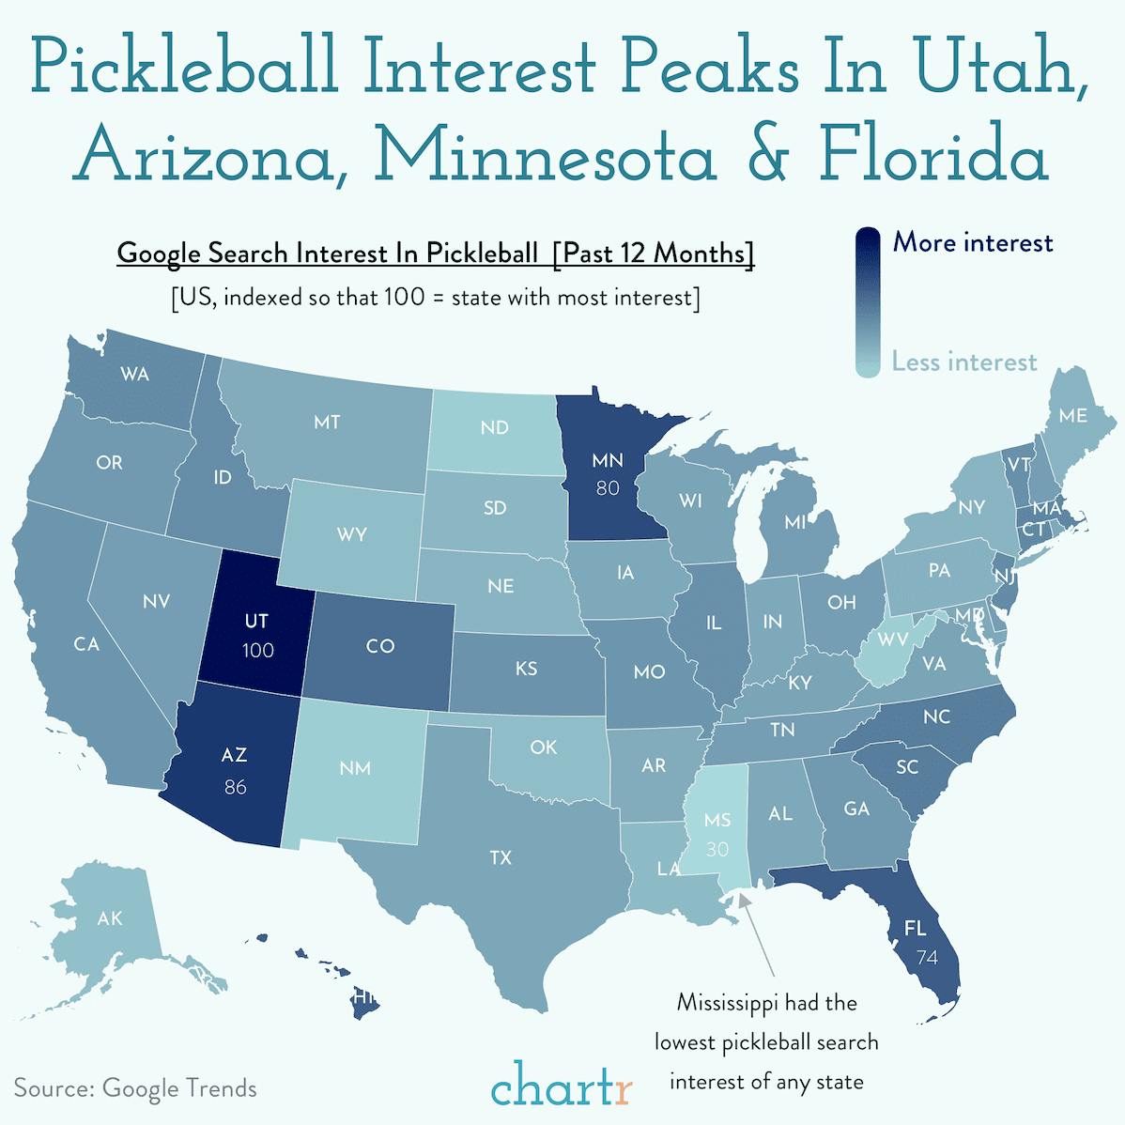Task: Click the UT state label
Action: pyautogui.click(x=256, y=621)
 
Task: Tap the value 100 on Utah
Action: pyautogui.click(x=257, y=650)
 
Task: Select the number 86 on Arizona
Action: pyautogui.click(x=235, y=787)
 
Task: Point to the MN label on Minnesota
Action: pyautogui.click(x=608, y=460)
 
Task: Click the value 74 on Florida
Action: pyautogui.click(x=927, y=958)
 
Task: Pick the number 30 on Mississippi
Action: pyautogui.click(x=717, y=849)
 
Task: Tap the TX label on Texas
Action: pyautogui.click(x=501, y=857)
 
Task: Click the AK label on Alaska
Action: pyautogui.click(x=110, y=917)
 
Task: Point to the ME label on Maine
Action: pyautogui.click(x=1072, y=415)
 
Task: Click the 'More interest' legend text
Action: pyautogui.click(x=973, y=243)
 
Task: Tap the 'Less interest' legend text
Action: pyautogui.click(x=964, y=362)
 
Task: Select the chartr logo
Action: pyautogui.click(x=562, y=1086)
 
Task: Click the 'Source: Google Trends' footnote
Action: pyautogui.click(x=135, y=1088)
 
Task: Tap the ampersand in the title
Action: pyautogui.click(x=766, y=156)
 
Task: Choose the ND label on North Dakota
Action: pyautogui.click(x=494, y=428)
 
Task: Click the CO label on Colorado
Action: pyautogui.click(x=380, y=646)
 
